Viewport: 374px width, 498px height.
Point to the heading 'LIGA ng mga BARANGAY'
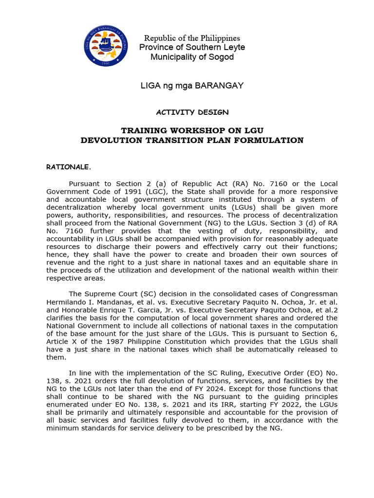point(192,86)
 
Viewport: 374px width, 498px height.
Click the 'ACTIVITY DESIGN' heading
point(192,112)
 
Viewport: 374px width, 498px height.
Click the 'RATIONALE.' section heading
point(69,167)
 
